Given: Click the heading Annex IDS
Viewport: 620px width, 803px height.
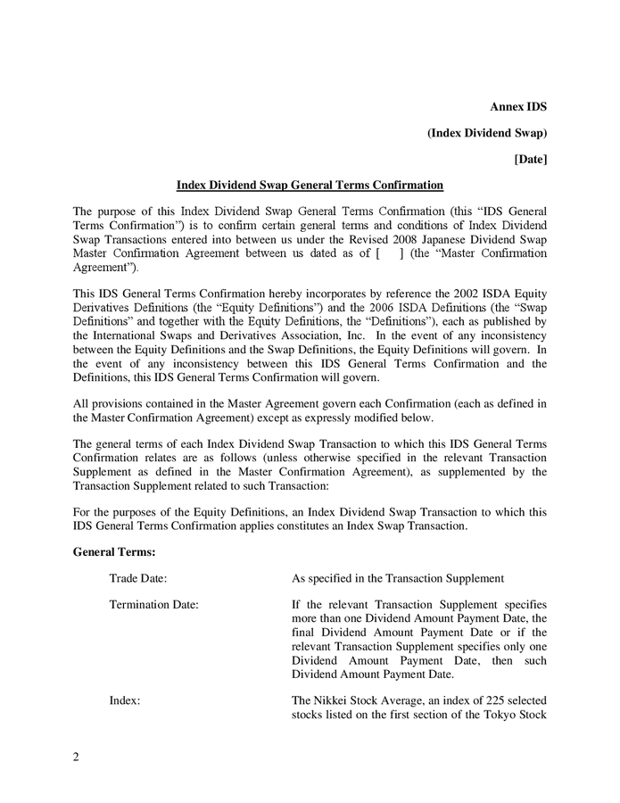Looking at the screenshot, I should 518,107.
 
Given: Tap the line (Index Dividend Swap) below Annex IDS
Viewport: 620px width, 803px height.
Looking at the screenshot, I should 487,133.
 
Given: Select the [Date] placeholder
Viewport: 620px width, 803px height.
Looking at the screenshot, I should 531,159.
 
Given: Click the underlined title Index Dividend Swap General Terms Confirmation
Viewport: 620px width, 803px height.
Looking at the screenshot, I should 310,186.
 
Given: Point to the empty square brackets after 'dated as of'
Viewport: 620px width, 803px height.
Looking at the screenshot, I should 390,253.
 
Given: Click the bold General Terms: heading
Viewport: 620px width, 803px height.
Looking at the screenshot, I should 114,553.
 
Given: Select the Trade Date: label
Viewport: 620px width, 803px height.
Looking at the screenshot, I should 138,578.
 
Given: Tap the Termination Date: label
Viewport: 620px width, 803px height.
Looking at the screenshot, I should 153,604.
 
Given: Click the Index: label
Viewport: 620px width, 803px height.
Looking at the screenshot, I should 125,701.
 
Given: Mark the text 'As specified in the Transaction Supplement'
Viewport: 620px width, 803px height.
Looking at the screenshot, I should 399,578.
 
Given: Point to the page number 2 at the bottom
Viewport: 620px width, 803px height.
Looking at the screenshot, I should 76,758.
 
